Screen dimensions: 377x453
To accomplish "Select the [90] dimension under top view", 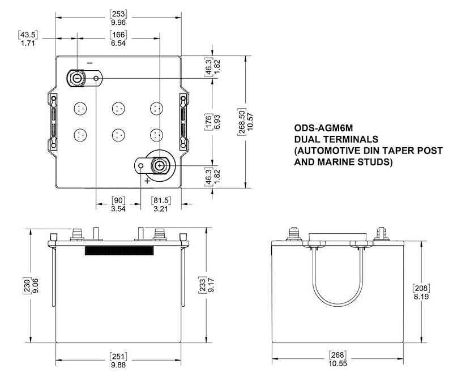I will point(118,200).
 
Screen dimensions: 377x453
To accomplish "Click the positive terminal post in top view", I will point(160,165).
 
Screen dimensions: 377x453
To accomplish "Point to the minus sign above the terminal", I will point(89,62).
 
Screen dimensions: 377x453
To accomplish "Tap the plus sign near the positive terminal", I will point(147,181).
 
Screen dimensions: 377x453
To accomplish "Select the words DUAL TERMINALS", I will point(336,139).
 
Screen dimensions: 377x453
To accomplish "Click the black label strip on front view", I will point(119,250).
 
